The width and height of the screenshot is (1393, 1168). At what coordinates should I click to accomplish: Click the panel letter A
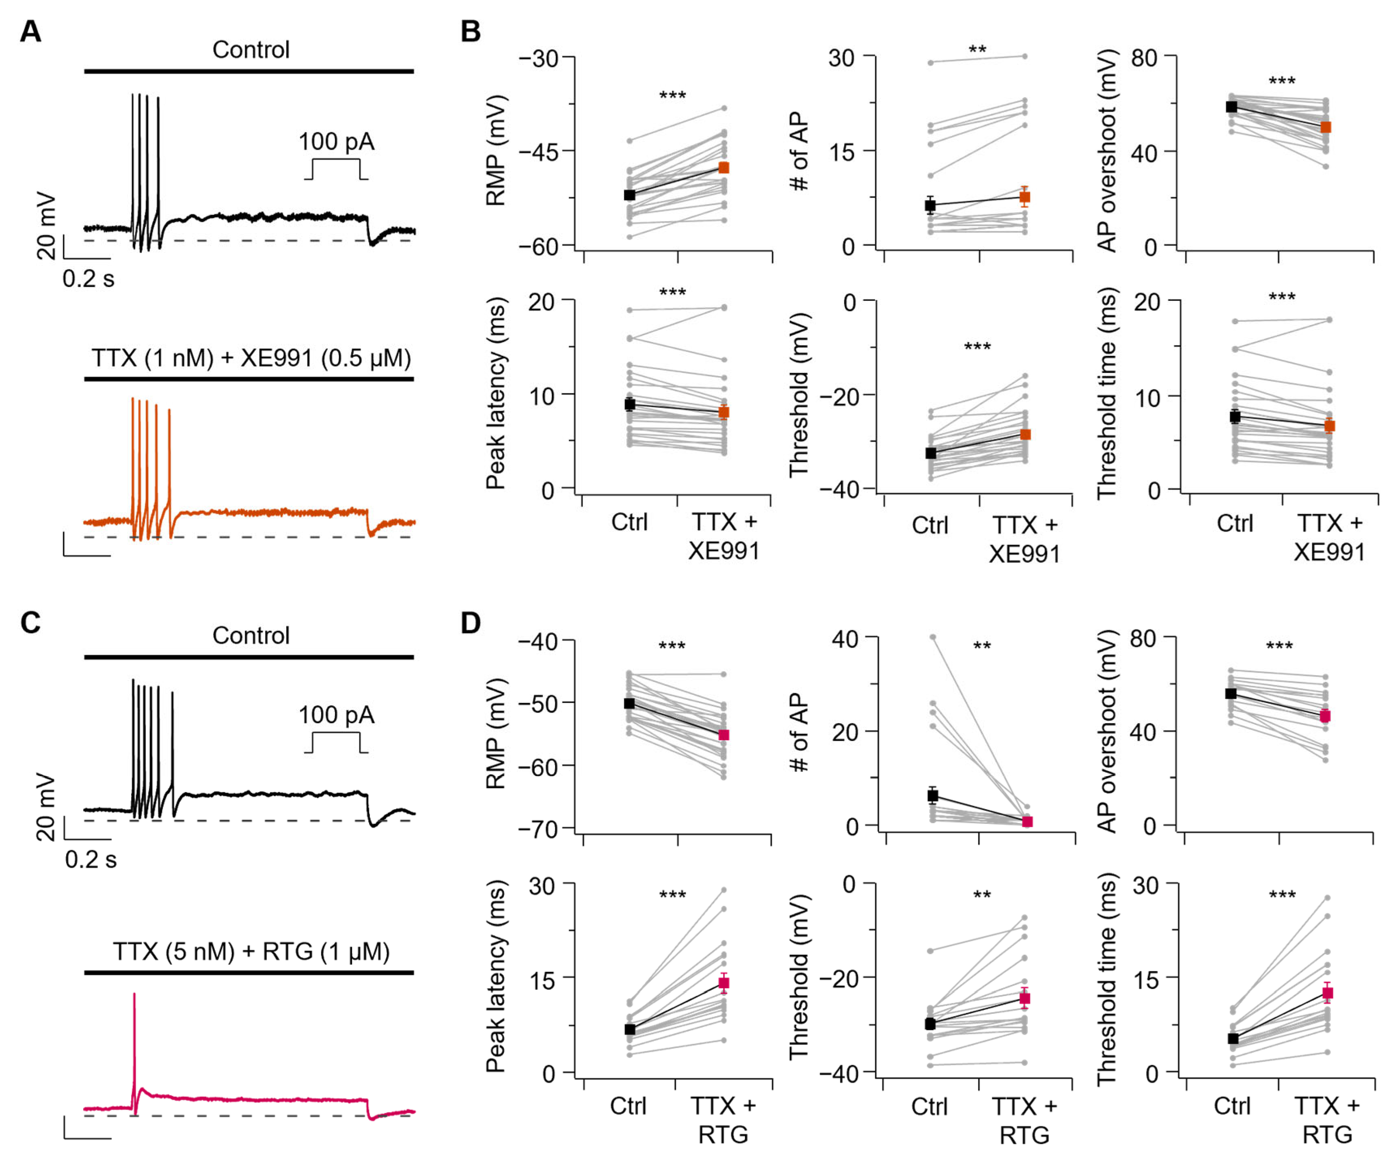click(30, 31)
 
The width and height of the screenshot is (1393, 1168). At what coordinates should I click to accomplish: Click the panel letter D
click(470, 623)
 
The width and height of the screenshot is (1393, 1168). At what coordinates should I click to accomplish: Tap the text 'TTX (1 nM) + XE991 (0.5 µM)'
click(251, 358)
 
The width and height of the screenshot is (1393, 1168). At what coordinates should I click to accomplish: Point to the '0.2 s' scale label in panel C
click(91, 859)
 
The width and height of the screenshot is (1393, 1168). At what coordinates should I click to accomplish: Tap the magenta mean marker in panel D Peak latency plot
click(723, 983)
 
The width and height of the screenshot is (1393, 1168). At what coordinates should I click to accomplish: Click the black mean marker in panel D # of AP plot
click(933, 795)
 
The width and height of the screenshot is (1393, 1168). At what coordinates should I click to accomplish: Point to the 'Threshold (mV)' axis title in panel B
click(799, 394)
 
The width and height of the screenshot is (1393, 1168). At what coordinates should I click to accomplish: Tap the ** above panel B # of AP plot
click(978, 50)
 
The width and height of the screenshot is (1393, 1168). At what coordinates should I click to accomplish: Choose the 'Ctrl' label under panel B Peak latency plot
click(629, 522)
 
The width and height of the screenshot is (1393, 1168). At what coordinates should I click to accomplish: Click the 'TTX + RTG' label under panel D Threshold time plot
click(1327, 1120)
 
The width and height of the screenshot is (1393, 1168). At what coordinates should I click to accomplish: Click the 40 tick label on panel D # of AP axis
click(845, 640)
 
